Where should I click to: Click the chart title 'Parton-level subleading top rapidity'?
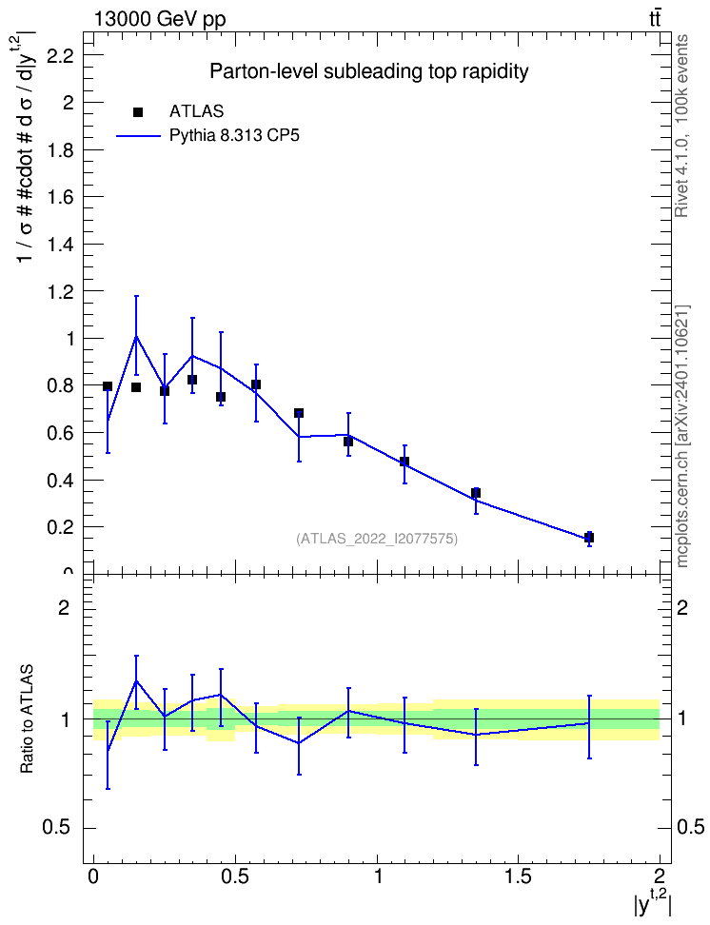(x=369, y=71)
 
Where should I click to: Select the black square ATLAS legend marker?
(x=138, y=112)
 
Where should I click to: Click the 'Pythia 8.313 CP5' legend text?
(x=234, y=136)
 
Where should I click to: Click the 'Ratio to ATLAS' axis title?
(x=27, y=719)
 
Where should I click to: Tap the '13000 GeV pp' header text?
(x=159, y=19)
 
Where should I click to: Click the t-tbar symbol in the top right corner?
(x=655, y=18)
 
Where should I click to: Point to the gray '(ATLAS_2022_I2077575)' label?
(x=377, y=539)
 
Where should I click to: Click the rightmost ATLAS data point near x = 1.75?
(x=588, y=538)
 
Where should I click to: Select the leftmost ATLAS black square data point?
(x=108, y=386)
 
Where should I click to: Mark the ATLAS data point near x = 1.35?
(x=476, y=493)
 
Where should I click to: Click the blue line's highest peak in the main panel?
(x=136, y=336)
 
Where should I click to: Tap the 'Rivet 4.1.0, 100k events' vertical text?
(x=681, y=126)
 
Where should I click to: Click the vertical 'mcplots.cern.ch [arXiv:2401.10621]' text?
(x=682, y=436)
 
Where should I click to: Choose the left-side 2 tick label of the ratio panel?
(x=63, y=607)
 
